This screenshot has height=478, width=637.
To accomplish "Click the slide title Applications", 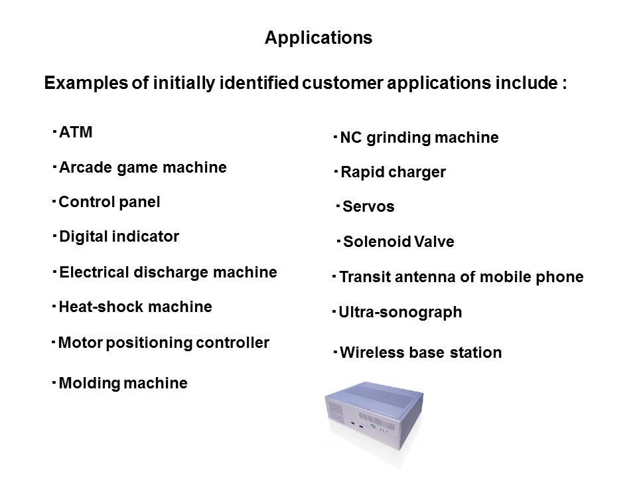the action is [318, 38].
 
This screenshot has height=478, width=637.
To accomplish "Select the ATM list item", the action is [76, 132].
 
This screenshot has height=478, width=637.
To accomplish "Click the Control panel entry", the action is [109, 202].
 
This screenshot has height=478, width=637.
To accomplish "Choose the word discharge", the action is [171, 272].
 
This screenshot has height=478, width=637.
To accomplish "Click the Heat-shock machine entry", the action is [135, 307].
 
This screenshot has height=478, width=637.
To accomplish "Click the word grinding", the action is [399, 138].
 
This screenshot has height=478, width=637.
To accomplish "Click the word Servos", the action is [368, 206].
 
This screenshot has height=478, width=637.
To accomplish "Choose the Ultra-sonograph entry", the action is [400, 312].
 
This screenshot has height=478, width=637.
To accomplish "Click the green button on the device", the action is [372, 426].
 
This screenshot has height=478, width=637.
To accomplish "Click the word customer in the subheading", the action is [342, 83].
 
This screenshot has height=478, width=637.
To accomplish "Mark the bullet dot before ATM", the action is [54, 131].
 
